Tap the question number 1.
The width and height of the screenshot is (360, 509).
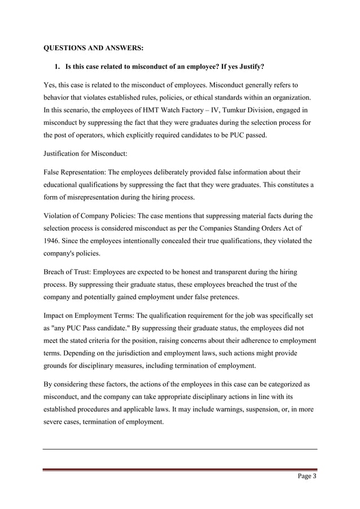click(56, 68)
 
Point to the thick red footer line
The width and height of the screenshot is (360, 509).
click(180, 469)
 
